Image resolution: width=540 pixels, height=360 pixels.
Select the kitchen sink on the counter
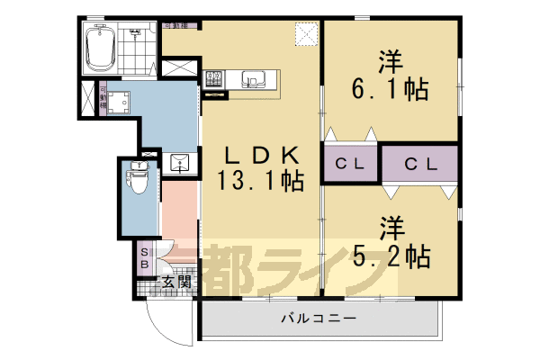coord(252,80)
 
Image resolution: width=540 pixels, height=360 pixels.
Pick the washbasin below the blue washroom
coord(179,164)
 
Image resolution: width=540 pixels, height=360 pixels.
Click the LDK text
coord(260,156)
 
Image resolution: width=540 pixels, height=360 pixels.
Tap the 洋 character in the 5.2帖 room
coord(390,226)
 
